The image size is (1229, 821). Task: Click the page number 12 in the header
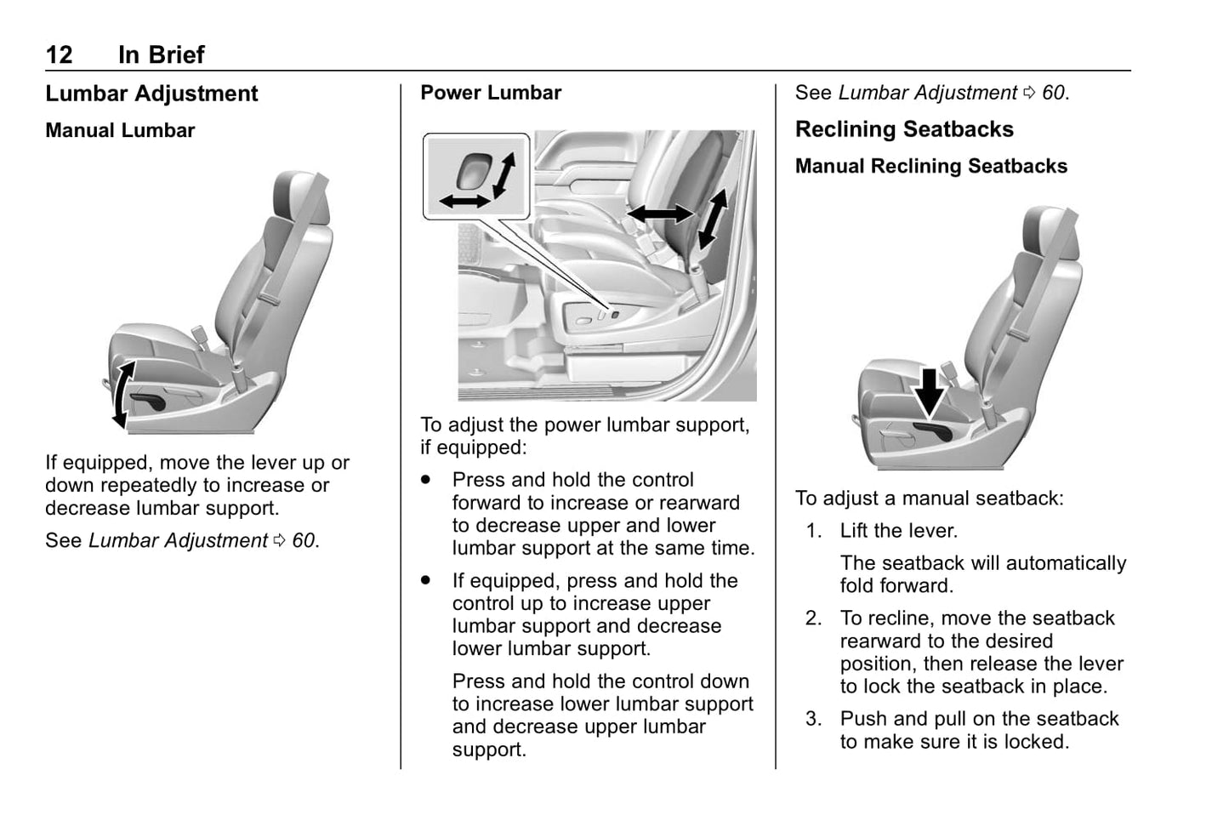59,55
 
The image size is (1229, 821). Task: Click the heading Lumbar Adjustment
151,94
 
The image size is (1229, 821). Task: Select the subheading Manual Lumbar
120,131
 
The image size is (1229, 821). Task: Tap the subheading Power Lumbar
491,93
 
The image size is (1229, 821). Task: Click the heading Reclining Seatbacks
904,129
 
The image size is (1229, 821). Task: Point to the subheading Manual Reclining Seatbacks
930,167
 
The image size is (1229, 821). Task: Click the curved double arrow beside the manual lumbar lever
122,394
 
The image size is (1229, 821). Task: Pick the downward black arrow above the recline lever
930,392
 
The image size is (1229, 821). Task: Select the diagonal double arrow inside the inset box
504,174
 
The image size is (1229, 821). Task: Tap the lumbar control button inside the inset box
472,171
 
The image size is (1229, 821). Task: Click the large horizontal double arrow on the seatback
660,213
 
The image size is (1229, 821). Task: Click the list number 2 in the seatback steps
814,619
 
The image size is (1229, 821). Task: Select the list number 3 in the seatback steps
814,719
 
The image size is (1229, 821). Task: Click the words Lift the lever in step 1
898,531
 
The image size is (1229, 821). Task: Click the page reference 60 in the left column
304,541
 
